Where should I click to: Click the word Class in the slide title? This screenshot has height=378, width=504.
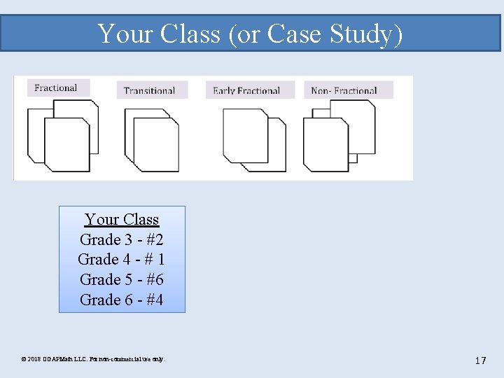(191, 34)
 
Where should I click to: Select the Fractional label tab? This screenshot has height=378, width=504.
(55, 88)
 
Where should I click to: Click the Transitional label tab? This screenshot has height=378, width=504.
(149, 90)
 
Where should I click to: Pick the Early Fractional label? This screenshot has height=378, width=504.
(246, 90)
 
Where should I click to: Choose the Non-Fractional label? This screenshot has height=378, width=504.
(344, 90)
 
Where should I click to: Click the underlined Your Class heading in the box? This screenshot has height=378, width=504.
(122, 219)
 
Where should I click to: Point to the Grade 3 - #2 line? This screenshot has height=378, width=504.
(122, 239)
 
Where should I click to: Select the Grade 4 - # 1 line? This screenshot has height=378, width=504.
(122, 259)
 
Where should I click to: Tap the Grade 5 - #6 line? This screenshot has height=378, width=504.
(122, 279)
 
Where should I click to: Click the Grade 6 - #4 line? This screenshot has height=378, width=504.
(122, 300)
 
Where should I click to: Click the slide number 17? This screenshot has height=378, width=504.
(480, 360)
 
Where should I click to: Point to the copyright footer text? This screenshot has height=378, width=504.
(94, 359)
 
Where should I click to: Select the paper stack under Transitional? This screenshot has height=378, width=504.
(151, 140)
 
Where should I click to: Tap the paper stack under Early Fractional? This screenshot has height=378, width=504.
(253, 140)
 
